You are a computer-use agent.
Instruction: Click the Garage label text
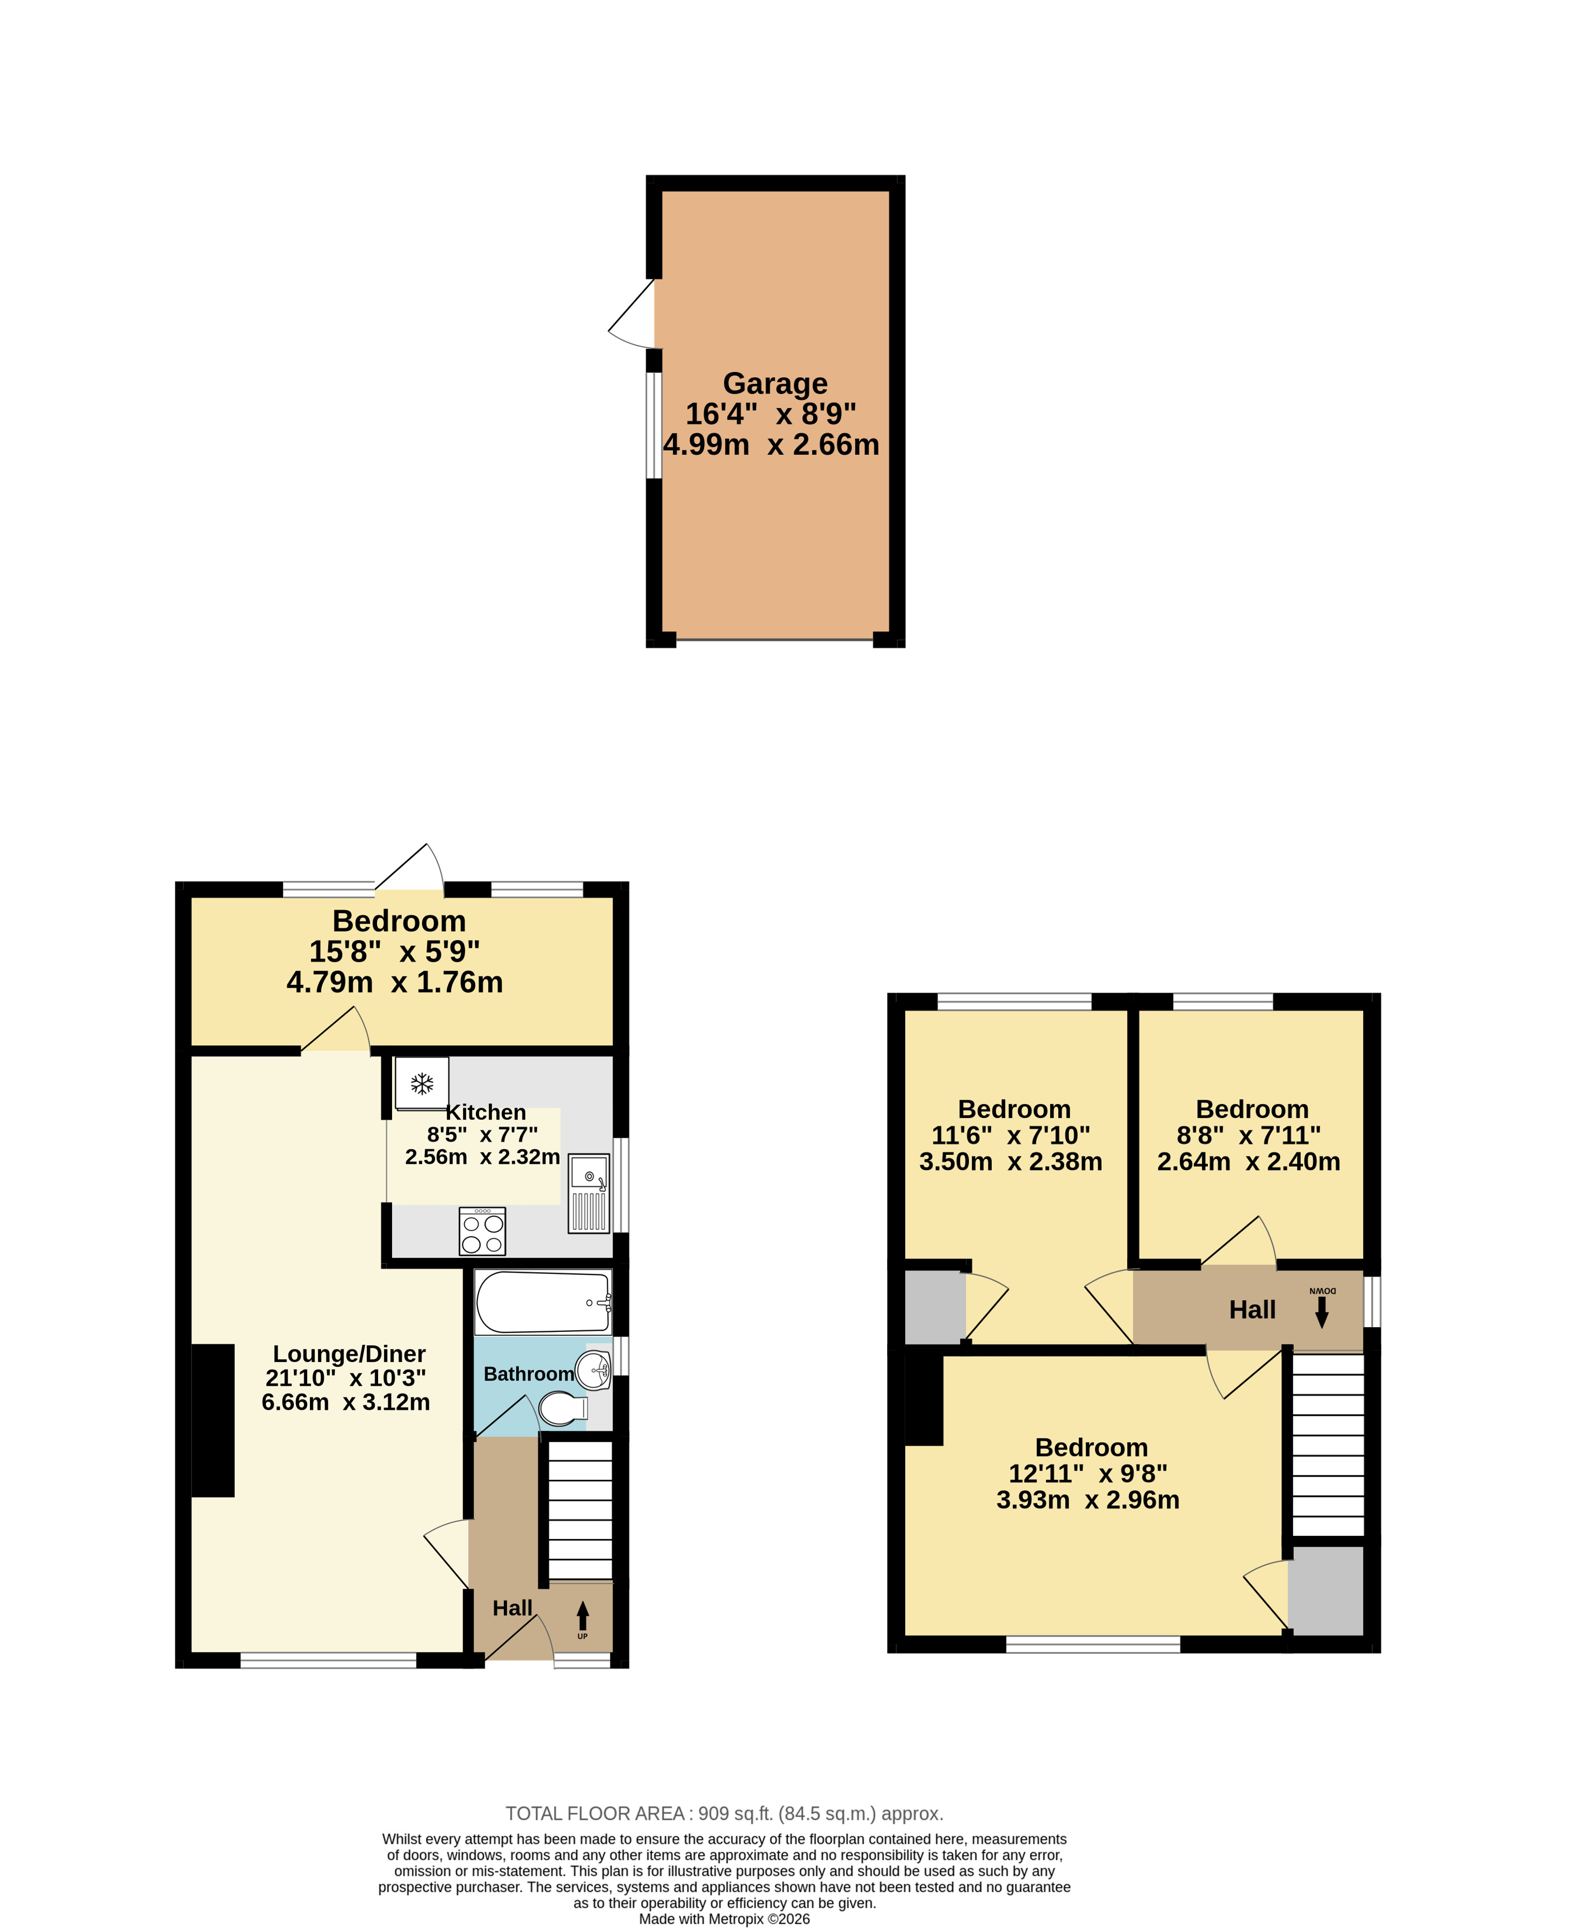click(775, 384)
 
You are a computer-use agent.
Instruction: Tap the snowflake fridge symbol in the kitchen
click(422, 1084)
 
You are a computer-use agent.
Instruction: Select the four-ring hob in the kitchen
click(482, 1231)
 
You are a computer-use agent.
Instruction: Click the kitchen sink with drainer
click(589, 1194)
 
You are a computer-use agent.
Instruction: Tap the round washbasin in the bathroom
click(594, 1370)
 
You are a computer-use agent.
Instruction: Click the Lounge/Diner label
click(349, 1354)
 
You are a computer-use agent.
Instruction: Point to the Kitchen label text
click(486, 1113)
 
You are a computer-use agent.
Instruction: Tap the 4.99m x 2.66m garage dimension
click(771, 444)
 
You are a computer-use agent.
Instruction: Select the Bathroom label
click(529, 1374)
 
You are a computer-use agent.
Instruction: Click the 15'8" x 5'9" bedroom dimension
click(395, 952)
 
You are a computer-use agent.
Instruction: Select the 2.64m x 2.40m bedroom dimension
click(1249, 1161)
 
